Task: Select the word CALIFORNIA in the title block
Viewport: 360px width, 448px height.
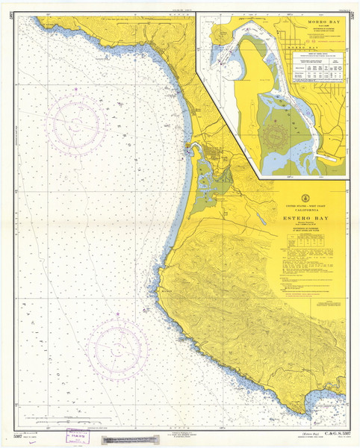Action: coord(307,209)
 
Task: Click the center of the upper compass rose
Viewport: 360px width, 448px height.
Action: coord(75,124)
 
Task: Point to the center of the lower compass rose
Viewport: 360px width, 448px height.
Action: coord(117,349)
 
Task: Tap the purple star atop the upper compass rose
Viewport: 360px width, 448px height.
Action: coord(75,90)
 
